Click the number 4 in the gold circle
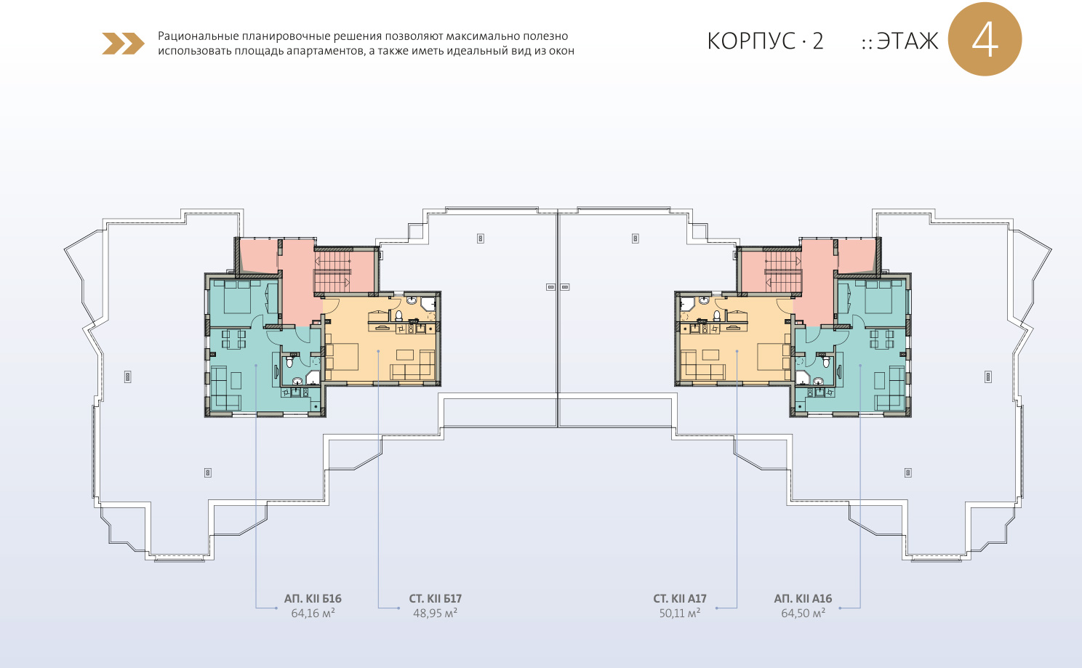(985, 40)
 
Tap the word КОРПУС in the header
(751, 41)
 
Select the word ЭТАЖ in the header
(907, 41)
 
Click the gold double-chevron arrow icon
(123, 44)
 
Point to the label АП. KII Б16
(313, 598)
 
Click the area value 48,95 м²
(436, 613)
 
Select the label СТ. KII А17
(680, 598)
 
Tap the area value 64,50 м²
(803, 613)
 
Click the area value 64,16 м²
(313, 613)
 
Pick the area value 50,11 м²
(680, 613)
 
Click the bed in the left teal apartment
(237, 297)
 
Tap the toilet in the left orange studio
(399, 316)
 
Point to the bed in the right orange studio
(772, 356)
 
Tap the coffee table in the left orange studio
(405, 355)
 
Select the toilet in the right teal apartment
(827, 361)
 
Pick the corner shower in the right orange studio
(687, 304)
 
